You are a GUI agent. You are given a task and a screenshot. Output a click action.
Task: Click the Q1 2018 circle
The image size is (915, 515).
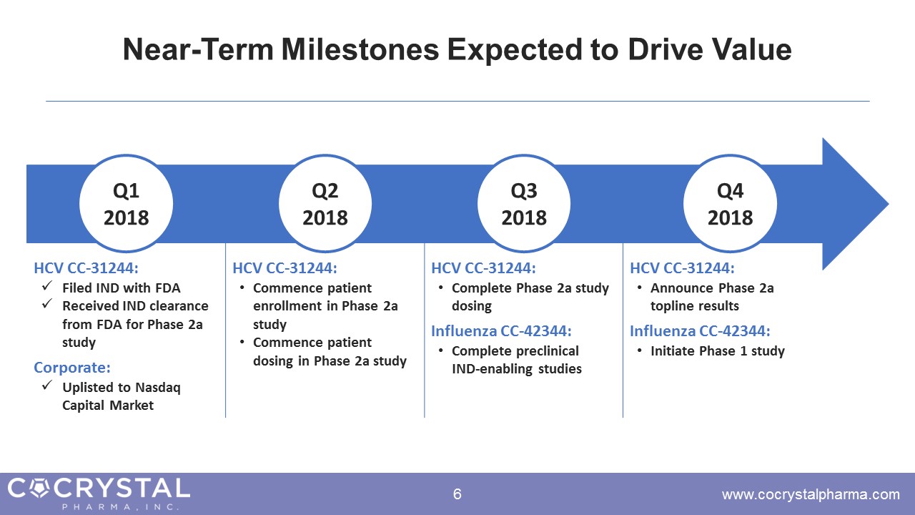coord(126,203)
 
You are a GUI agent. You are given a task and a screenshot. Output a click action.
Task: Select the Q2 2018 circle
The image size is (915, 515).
coord(325,203)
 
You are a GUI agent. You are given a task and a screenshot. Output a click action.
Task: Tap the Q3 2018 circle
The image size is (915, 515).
coord(524,203)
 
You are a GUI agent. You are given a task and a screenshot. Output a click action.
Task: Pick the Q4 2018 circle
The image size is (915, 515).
coord(731,203)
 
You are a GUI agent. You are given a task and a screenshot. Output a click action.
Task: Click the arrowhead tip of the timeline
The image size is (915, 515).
coord(889,204)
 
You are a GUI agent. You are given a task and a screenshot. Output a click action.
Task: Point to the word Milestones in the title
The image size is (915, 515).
coord(360,49)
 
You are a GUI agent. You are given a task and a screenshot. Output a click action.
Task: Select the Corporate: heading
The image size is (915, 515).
coord(72,368)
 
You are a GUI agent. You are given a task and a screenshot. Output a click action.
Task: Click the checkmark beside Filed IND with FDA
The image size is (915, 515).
coord(47,285)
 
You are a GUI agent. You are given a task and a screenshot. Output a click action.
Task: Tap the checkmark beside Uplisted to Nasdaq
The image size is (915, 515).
coord(47,385)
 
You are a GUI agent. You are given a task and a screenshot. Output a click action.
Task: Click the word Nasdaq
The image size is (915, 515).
coord(158,388)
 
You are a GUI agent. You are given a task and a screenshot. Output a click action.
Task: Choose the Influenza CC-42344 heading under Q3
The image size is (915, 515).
coord(501,330)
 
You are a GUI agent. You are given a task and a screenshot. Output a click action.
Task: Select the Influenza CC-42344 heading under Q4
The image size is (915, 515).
coord(700,330)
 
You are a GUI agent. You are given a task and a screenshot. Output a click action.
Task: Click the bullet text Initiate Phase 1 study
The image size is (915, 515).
coord(718,351)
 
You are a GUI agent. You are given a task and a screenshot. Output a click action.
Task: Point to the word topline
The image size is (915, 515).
coord(673,306)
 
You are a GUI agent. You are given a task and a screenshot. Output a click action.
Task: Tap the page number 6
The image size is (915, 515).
coord(457,494)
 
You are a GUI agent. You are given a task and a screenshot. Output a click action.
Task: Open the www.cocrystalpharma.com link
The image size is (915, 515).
coord(811,494)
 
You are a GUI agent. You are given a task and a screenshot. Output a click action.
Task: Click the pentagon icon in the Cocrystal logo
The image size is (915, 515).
coord(40,488)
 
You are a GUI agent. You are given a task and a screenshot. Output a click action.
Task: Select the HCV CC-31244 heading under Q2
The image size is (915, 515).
coord(285,268)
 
